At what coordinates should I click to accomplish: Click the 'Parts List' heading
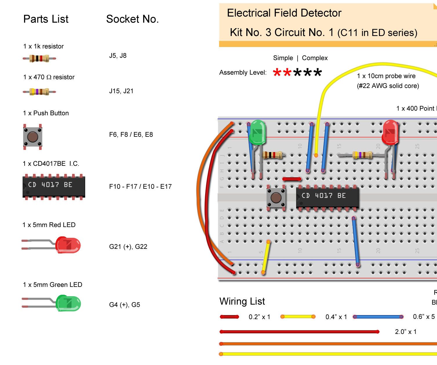click(46, 19)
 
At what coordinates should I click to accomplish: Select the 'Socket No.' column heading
click(132, 19)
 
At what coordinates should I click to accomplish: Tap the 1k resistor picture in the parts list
click(39, 58)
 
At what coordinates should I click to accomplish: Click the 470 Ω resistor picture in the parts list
click(39, 92)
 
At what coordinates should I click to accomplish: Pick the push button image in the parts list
click(33, 136)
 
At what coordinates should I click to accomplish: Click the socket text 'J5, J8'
click(118, 56)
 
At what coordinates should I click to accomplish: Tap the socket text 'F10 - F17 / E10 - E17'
click(140, 187)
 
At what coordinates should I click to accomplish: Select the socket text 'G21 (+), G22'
click(128, 247)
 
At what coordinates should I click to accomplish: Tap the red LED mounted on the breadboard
click(390, 132)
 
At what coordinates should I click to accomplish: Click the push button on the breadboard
click(276, 198)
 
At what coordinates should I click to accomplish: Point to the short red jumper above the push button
click(292, 179)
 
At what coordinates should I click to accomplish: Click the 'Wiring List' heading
click(242, 301)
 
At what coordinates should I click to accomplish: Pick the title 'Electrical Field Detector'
click(284, 13)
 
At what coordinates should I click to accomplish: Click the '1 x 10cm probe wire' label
click(386, 76)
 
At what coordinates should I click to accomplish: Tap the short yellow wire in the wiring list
click(298, 317)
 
